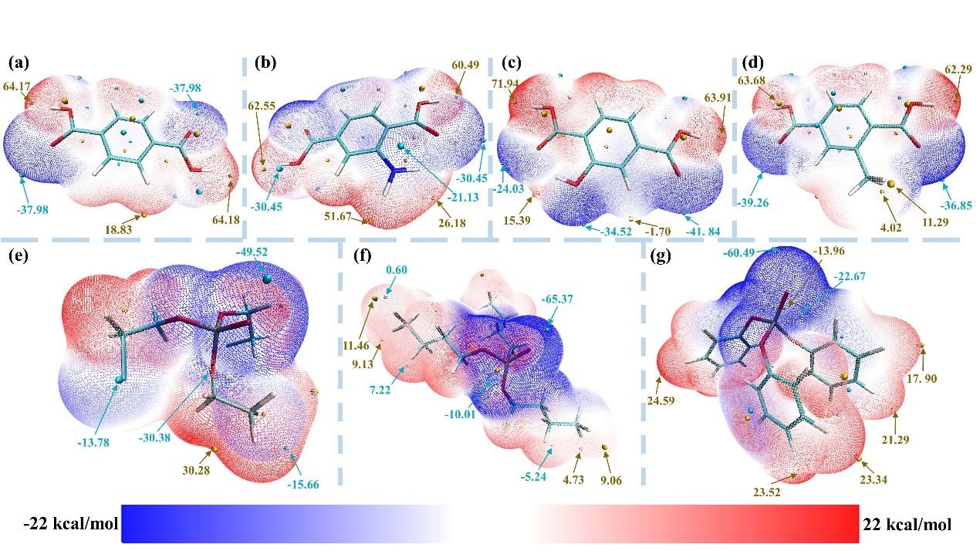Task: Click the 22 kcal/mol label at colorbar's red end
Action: [908, 524]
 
